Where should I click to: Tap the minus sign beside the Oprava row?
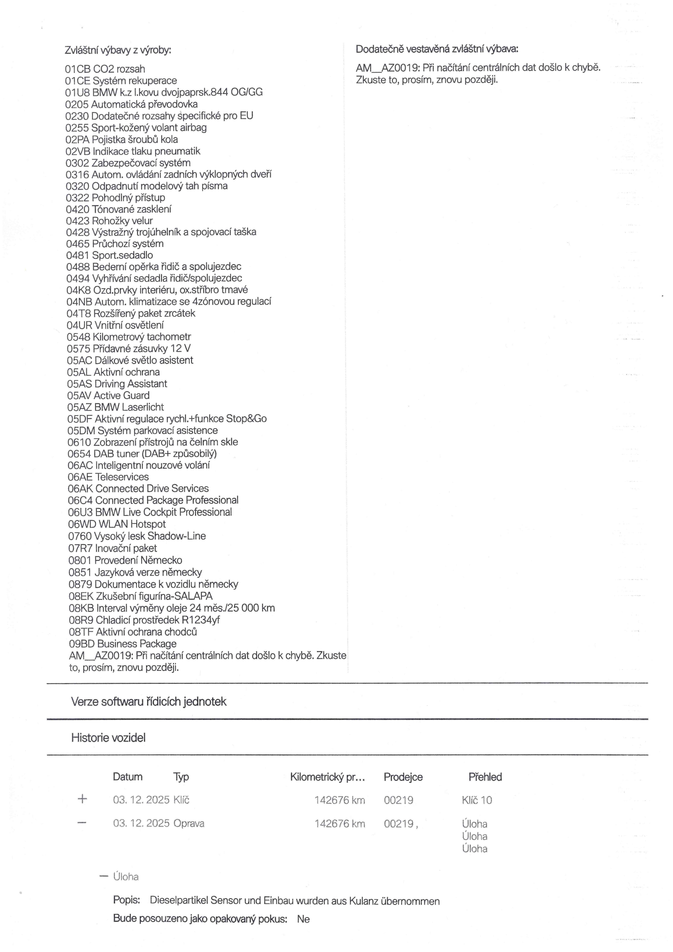[83, 822]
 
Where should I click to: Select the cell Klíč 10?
[477, 800]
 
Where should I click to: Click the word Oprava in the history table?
[189, 823]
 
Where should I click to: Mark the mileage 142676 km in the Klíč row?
[340, 800]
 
